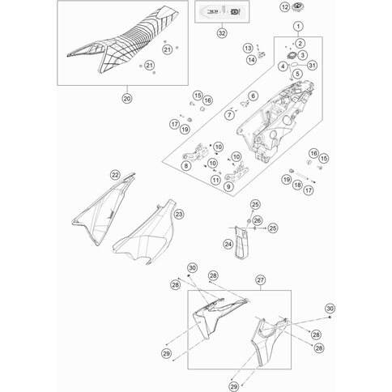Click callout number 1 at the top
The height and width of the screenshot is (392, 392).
click(x=298, y=27)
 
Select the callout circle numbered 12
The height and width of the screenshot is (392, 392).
click(x=285, y=7)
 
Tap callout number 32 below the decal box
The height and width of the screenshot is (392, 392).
click(x=222, y=33)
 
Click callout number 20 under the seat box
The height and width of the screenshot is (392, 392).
click(x=127, y=99)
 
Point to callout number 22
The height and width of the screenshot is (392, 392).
click(x=115, y=175)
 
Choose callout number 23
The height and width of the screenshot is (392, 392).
click(x=179, y=215)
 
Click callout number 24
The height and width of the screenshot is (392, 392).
click(x=228, y=245)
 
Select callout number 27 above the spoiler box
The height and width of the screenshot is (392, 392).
click(x=261, y=280)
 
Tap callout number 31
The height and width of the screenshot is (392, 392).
click(x=312, y=65)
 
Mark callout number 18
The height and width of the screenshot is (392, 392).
click(x=297, y=185)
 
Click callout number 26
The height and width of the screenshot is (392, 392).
click(x=258, y=221)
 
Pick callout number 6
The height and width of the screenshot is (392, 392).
click(x=253, y=96)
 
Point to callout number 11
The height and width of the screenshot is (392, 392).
click(x=215, y=180)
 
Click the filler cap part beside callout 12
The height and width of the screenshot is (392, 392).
click(x=298, y=6)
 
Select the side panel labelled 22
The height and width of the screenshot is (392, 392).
click(x=104, y=209)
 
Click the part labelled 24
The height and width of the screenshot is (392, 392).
click(x=241, y=242)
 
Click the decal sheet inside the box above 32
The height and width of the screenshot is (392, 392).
click(x=222, y=11)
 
